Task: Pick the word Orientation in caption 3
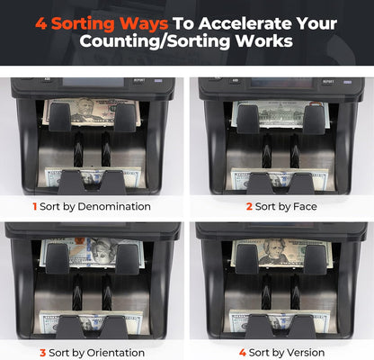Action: click(111, 352)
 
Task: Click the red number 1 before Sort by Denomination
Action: click(34, 206)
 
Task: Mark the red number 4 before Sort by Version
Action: click(242, 352)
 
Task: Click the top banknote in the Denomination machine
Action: click(93, 112)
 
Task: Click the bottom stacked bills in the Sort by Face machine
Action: click(280, 176)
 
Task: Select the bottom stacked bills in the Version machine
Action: click(280, 320)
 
